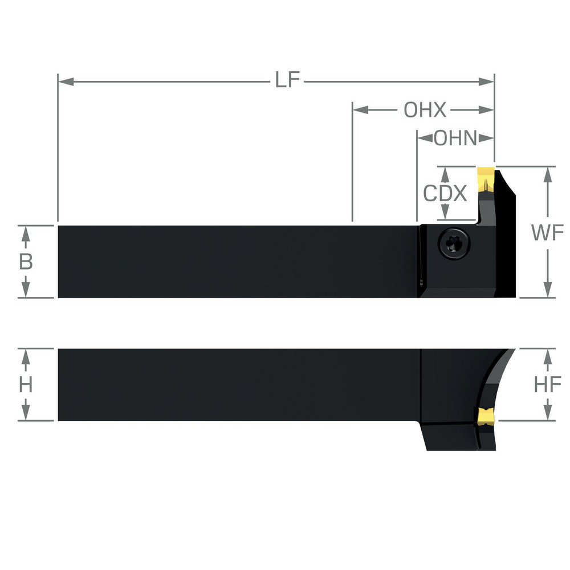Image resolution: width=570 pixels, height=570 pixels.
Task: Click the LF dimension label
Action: pos(287,81)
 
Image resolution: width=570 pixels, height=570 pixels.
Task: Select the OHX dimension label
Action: pos(425,110)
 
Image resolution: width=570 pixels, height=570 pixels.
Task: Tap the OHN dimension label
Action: pos(455,138)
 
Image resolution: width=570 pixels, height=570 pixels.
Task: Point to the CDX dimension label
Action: pos(445,194)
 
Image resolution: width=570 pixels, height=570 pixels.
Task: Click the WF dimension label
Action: pos(548,233)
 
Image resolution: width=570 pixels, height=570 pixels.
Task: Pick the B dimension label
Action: pos(26,262)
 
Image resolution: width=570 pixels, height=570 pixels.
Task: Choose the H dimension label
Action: pos(26,385)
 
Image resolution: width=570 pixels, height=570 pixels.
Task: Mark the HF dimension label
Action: pos(548,385)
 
